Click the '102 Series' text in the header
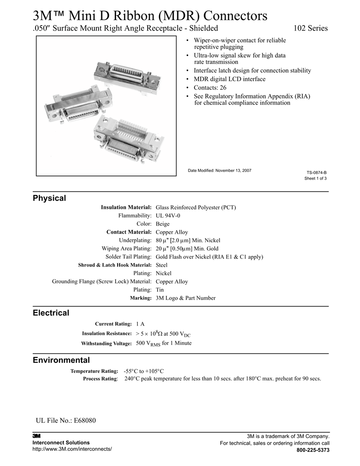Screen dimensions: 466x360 pyautogui.click(x=310, y=28)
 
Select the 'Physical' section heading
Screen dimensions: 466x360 pyautogui.click(x=49, y=198)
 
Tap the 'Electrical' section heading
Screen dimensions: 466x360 pyautogui.click(x=51, y=312)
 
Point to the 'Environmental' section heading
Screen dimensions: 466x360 pyautogui.click(x=61, y=360)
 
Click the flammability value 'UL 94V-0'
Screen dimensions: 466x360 pyautogui.click(x=168, y=216)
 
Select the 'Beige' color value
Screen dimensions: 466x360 pyautogui.click(x=162, y=224)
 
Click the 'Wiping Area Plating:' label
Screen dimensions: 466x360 pyautogui.click(x=126, y=249)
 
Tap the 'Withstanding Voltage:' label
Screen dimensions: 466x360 pyautogui.click(x=106, y=344)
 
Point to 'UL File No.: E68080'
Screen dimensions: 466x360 pyautogui.click(x=66, y=421)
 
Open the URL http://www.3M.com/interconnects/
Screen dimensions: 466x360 pyautogui.click(x=72, y=449)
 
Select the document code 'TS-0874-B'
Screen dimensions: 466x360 pyautogui.click(x=316, y=172)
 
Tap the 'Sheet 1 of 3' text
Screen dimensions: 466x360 pyautogui.click(x=315, y=178)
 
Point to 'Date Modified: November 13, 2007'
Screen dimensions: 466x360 pyautogui.click(x=219, y=170)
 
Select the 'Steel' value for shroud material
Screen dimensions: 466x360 pyautogui.click(x=161, y=265)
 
